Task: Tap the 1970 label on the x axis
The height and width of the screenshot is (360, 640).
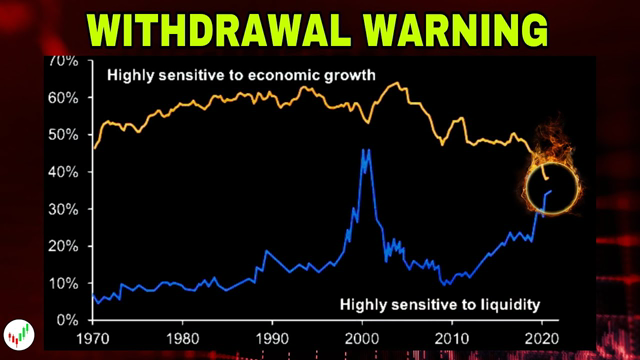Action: [x=92, y=337]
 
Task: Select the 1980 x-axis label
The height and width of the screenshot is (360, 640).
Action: [x=182, y=337]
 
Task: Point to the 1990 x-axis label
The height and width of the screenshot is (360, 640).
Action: [x=272, y=337]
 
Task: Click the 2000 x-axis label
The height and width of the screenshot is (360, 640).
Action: [x=362, y=337]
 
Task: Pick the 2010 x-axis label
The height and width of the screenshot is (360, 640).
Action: [x=452, y=337]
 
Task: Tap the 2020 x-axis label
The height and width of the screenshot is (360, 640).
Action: [x=542, y=337]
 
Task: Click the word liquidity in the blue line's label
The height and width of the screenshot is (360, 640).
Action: [x=507, y=303]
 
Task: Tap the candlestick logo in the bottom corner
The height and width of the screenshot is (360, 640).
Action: [x=16, y=334]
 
